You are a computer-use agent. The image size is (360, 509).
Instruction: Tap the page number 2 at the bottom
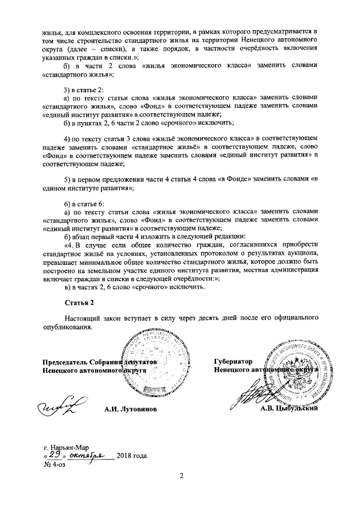coord(181,477)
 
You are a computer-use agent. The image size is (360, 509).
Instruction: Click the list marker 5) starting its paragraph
coord(67,179)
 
